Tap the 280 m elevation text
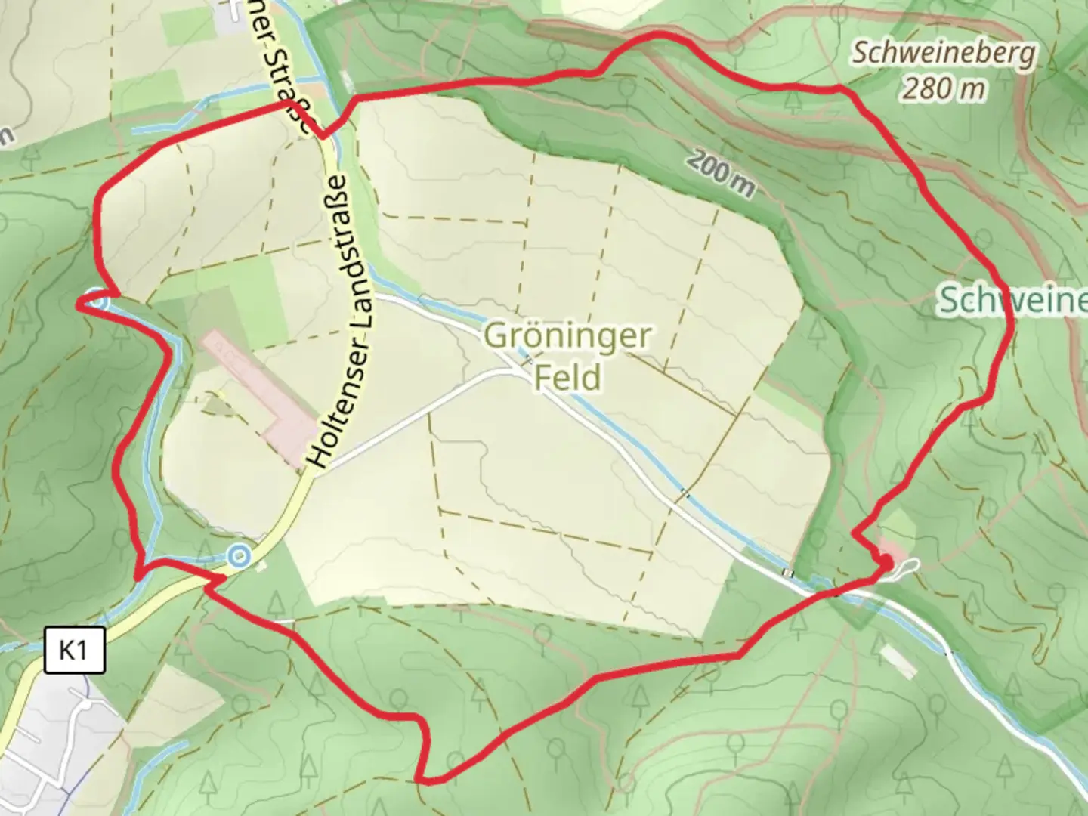pyautogui.click(x=944, y=89)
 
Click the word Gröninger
pyautogui.click(x=567, y=335)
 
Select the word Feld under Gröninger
pyautogui.click(x=568, y=376)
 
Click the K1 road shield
pyautogui.click(x=73, y=649)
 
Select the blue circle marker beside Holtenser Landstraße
pyautogui.click(x=240, y=557)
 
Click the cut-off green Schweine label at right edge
pyautogui.click(x=1012, y=301)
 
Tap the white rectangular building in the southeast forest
pyautogui.click(x=899, y=661)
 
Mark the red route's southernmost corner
pyautogui.click(x=425, y=780)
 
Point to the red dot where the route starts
pyautogui.click(x=884, y=563)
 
